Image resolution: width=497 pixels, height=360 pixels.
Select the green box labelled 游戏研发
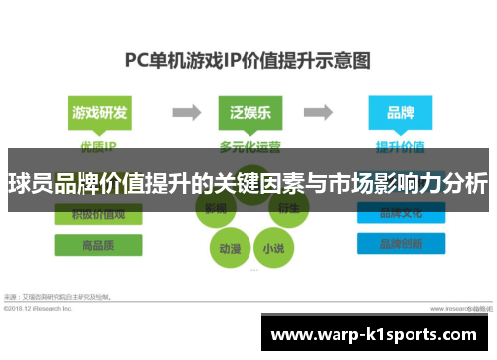pyautogui.click(x=98, y=112)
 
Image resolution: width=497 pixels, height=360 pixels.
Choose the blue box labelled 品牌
pyautogui.click(x=400, y=112)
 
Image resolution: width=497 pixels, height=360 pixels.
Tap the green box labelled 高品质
pyautogui.click(x=98, y=245)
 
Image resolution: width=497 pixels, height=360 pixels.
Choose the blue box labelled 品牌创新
pyautogui.click(x=400, y=245)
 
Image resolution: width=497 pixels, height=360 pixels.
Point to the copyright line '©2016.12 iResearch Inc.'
pyautogui.click(x=38, y=309)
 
